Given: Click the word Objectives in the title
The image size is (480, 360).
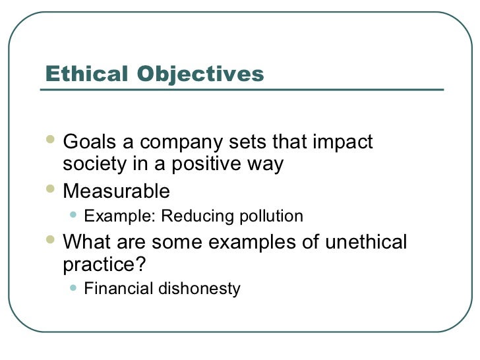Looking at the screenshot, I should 200,75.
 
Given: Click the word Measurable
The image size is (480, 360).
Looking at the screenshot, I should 116,192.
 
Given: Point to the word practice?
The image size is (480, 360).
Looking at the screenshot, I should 102,266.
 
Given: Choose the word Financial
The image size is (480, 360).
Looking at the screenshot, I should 115,289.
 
